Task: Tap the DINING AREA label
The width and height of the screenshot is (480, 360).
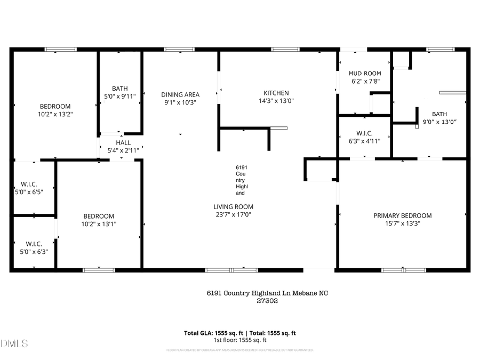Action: pyautogui.click(x=180, y=94)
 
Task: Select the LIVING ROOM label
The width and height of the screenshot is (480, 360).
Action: pyautogui.click(x=233, y=207)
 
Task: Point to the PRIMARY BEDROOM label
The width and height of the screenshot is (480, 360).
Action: pyautogui.click(x=402, y=215)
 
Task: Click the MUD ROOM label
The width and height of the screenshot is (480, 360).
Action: pyautogui.click(x=365, y=74)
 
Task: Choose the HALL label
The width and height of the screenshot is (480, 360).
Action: pyautogui.click(x=123, y=142)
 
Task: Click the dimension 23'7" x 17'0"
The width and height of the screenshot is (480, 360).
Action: pyautogui.click(x=233, y=215)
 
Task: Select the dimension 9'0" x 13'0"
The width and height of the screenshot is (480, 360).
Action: pyautogui.click(x=440, y=122)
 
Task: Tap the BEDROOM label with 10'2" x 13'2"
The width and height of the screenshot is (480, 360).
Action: pyautogui.click(x=55, y=106)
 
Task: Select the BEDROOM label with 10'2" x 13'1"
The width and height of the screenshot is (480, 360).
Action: pyautogui.click(x=99, y=216)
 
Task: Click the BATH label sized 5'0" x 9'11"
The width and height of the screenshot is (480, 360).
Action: pyautogui.click(x=120, y=89)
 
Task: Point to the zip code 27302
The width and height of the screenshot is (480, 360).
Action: pyautogui.click(x=268, y=301)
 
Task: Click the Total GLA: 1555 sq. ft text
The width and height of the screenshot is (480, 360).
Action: pyautogui.click(x=212, y=333)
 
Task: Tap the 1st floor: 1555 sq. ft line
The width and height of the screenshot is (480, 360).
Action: pyautogui.click(x=240, y=340)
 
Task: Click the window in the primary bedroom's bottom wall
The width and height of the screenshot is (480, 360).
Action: pyautogui.click(x=404, y=270)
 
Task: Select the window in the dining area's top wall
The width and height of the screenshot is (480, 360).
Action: pyautogui.click(x=179, y=50)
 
